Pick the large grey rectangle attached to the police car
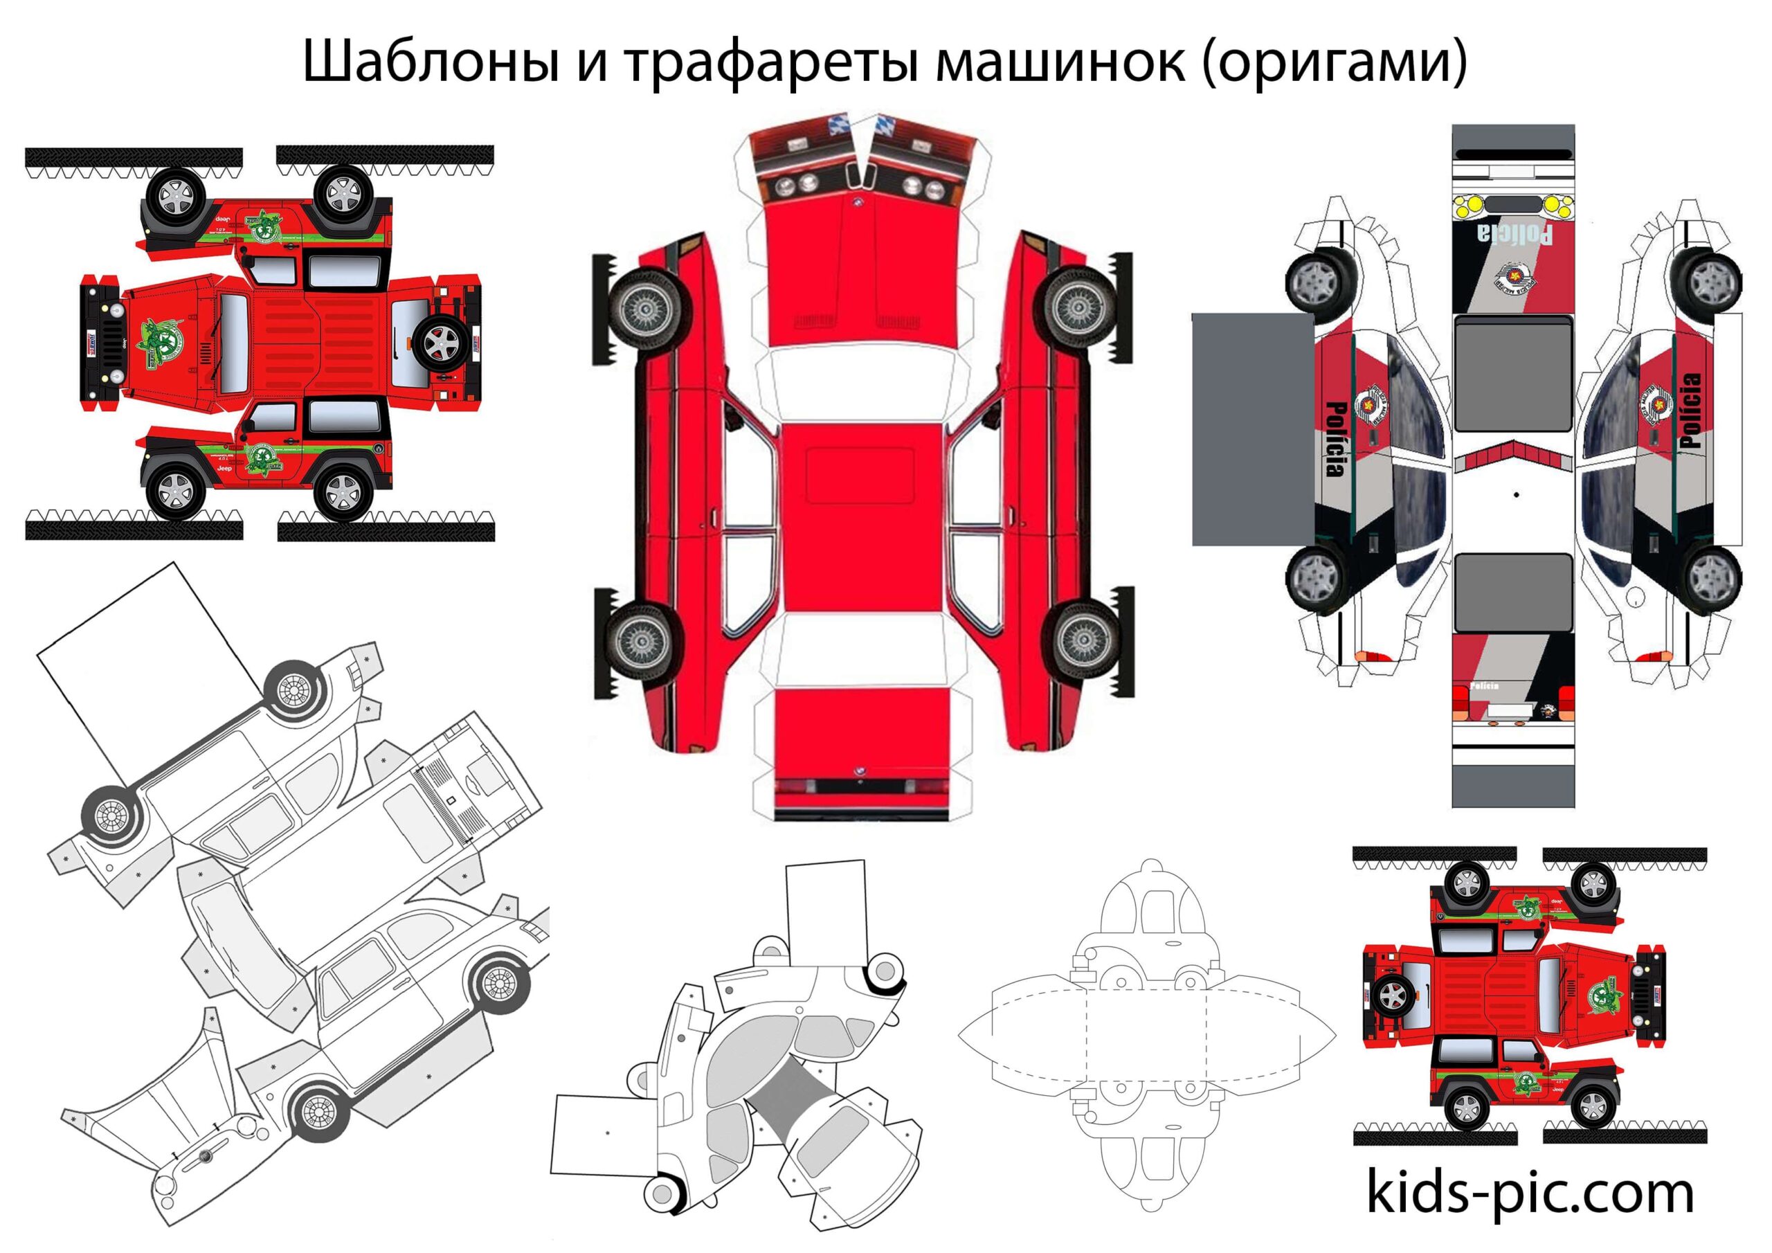(1252, 429)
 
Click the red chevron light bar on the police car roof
(1512, 456)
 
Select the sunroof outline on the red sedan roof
(860, 475)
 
